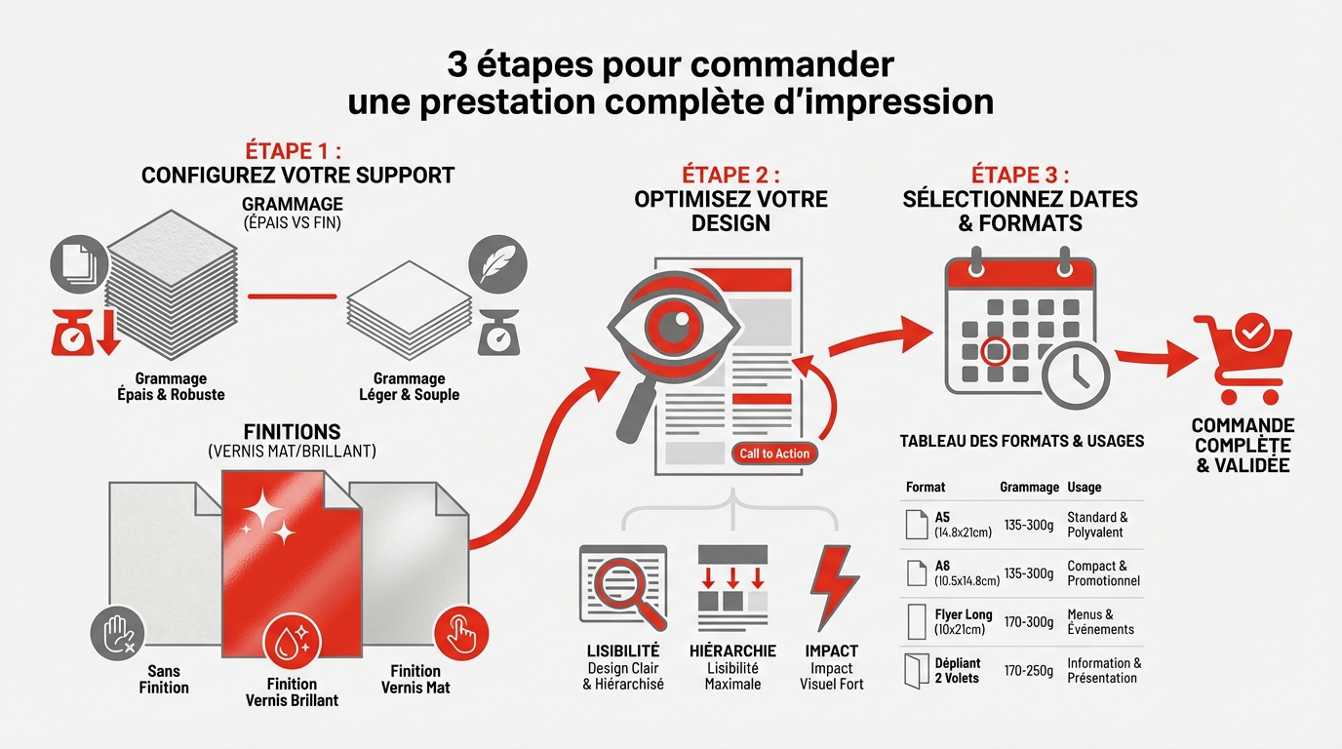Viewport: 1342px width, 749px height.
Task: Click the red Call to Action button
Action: click(775, 453)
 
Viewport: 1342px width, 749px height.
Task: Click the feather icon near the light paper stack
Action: click(498, 263)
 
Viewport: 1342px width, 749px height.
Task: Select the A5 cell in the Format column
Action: click(942, 517)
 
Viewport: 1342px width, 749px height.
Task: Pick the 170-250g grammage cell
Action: click(1029, 670)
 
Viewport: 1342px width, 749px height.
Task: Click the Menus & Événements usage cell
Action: click(1100, 621)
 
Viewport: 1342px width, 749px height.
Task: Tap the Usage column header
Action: click(1085, 487)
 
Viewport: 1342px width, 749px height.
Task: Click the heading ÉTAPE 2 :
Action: click(730, 175)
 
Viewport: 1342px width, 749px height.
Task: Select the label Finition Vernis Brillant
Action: click(292, 691)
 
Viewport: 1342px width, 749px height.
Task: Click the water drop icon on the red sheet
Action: click(292, 640)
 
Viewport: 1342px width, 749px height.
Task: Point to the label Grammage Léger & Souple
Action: click(409, 386)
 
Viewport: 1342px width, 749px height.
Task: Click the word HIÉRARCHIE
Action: click(732, 650)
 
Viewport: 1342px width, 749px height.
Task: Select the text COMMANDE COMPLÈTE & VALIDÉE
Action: click(1243, 446)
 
